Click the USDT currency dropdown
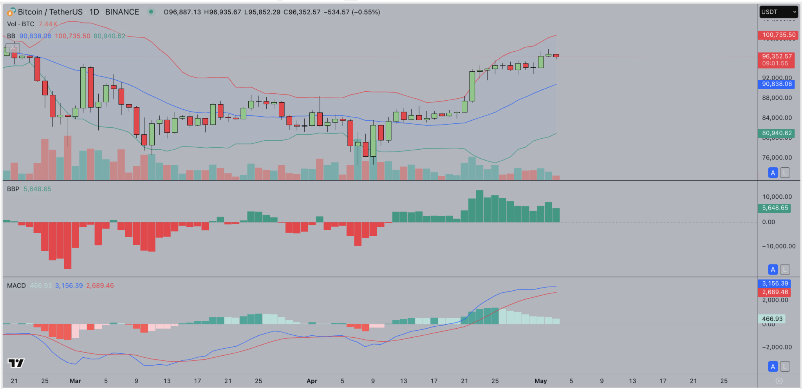click(779, 12)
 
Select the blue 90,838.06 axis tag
click(777, 84)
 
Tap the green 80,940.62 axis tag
click(777, 133)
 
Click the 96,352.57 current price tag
click(777, 56)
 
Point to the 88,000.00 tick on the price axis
click(777, 98)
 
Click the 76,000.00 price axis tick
click(777, 157)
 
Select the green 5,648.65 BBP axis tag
click(775, 208)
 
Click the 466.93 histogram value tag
click(772, 319)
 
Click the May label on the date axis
click(540, 381)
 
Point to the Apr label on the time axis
click(312, 381)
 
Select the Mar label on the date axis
click(75, 381)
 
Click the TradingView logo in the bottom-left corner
click(16, 363)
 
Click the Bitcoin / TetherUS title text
click(50, 12)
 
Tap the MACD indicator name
click(16, 286)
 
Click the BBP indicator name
click(13, 189)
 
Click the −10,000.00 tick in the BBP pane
click(778, 246)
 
